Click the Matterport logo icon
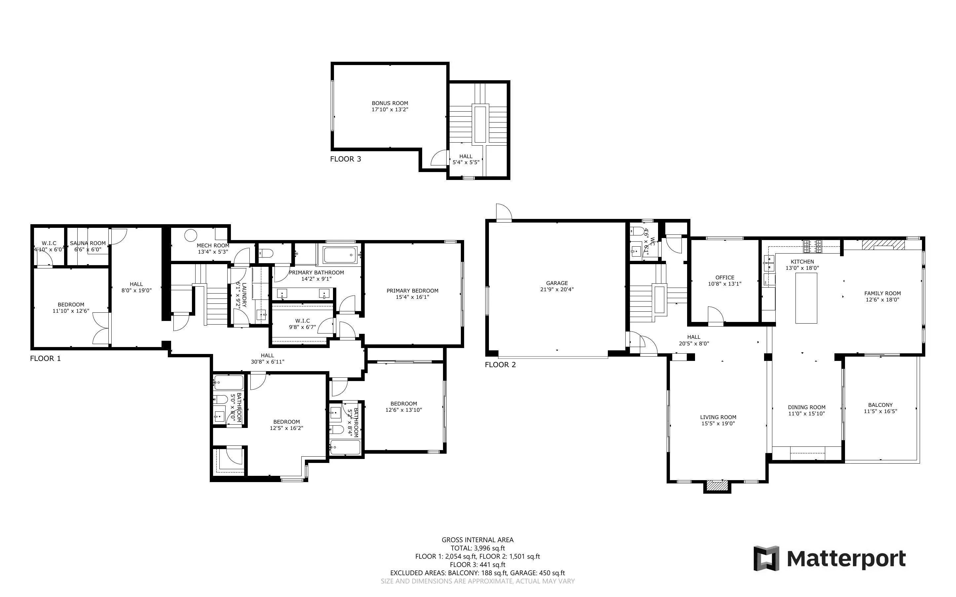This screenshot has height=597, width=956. [x=766, y=558]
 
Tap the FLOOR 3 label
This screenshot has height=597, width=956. [x=346, y=159]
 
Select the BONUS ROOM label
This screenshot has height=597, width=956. [x=390, y=103]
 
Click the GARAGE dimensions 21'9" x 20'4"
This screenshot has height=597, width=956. [x=557, y=289]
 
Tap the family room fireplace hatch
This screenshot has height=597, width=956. [x=883, y=245]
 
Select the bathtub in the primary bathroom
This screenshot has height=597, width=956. [x=340, y=255]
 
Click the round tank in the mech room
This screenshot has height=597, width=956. [x=190, y=236]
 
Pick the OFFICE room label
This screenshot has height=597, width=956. [x=725, y=278]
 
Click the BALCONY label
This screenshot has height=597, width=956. [x=880, y=405]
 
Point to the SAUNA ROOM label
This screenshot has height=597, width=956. [x=88, y=243]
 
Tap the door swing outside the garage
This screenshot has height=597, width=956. [x=503, y=212]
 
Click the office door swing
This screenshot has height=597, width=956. [x=716, y=315]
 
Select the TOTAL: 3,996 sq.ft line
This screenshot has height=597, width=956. [x=477, y=548]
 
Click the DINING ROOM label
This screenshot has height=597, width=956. [x=806, y=407]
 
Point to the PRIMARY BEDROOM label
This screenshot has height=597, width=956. [x=412, y=291]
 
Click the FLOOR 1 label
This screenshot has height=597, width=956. [x=45, y=359]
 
